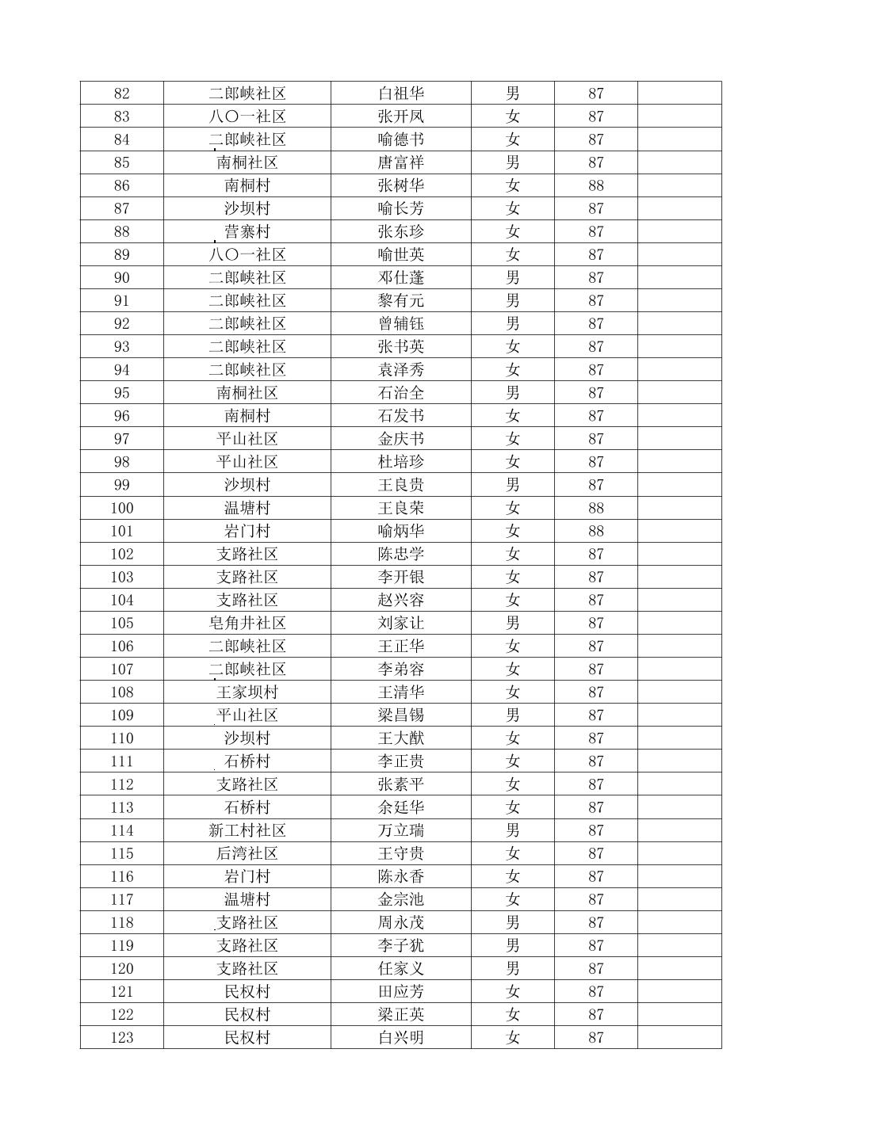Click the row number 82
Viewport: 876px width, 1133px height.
coord(121,93)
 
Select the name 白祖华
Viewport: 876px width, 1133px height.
coord(401,93)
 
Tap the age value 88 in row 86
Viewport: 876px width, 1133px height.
coord(596,185)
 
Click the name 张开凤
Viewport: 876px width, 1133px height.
coord(401,116)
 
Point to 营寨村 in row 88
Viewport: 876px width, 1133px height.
coord(247,231)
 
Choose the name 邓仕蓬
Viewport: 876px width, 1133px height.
coord(401,277)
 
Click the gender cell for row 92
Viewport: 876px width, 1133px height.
coord(513,323)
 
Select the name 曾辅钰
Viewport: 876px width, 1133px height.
coord(401,323)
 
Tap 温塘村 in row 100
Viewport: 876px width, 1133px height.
coord(247,508)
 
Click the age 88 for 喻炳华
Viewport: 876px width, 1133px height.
coord(596,531)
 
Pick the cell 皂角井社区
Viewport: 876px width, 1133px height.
coord(247,623)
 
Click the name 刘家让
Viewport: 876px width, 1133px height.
coord(401,623)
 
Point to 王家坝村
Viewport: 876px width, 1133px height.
coord(247,692)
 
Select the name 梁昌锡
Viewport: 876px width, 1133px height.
coord(401,715)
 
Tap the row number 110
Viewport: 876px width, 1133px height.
coord(121,738)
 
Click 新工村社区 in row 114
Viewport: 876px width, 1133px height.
coord(247,830)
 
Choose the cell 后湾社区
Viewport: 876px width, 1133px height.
coord(247,853)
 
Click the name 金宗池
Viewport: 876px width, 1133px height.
coord(401,899)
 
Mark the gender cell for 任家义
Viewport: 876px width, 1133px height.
coord(513,968)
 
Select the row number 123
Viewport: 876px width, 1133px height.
coord(121,1037)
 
